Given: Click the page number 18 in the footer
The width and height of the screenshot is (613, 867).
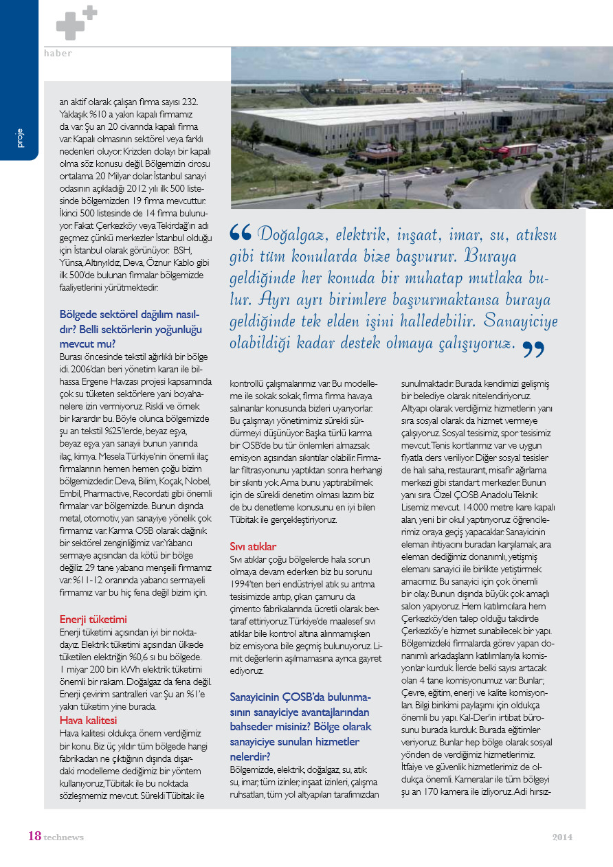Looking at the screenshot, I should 34,836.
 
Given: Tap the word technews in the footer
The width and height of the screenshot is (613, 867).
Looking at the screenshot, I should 63,837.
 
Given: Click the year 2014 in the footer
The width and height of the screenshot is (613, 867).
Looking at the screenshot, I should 562,837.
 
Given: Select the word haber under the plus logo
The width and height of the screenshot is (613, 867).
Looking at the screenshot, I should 58,53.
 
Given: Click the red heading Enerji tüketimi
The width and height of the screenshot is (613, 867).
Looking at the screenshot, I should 93,619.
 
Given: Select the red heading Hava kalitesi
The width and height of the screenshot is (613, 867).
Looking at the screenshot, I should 88,720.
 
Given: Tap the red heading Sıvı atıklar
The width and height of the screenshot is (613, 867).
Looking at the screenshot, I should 253,546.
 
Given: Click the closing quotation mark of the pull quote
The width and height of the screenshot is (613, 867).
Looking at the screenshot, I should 533,349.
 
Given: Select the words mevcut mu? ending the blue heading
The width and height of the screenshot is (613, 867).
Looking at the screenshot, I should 87,343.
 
